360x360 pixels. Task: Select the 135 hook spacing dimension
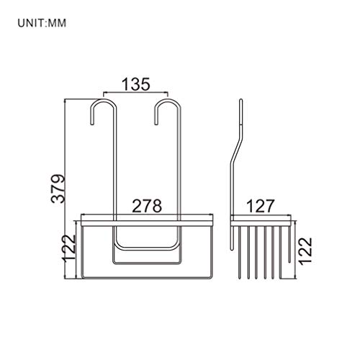[x=135, y=84]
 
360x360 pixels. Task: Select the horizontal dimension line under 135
[x=136, y=94]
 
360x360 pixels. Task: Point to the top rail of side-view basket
[x=261, y=219]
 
